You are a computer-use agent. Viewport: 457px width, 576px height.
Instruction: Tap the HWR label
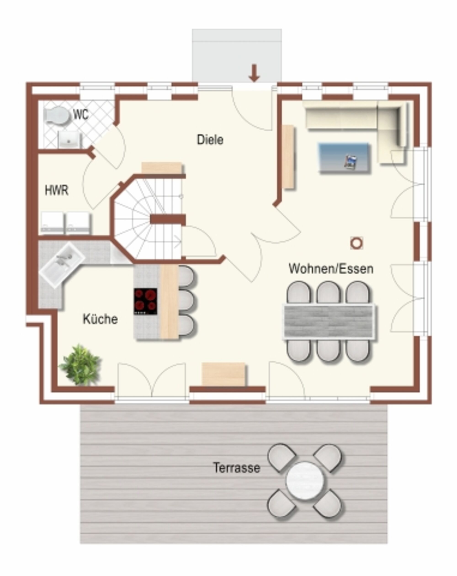coord(57,190)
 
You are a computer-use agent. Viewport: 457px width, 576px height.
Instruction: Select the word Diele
coord(210,140)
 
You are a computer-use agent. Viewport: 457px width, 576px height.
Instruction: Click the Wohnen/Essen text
coord(331,269)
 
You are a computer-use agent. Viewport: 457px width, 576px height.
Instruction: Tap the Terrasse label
coord(237,467)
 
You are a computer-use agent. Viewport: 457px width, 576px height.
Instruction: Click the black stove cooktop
coord(146,301)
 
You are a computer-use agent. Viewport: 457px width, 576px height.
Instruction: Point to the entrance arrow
coord(254,73)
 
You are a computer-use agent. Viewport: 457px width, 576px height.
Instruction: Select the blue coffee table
coord(344,158)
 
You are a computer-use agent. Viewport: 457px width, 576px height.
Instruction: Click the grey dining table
coord(329,321)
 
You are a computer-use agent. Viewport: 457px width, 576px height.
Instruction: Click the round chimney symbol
coord(356,243)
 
